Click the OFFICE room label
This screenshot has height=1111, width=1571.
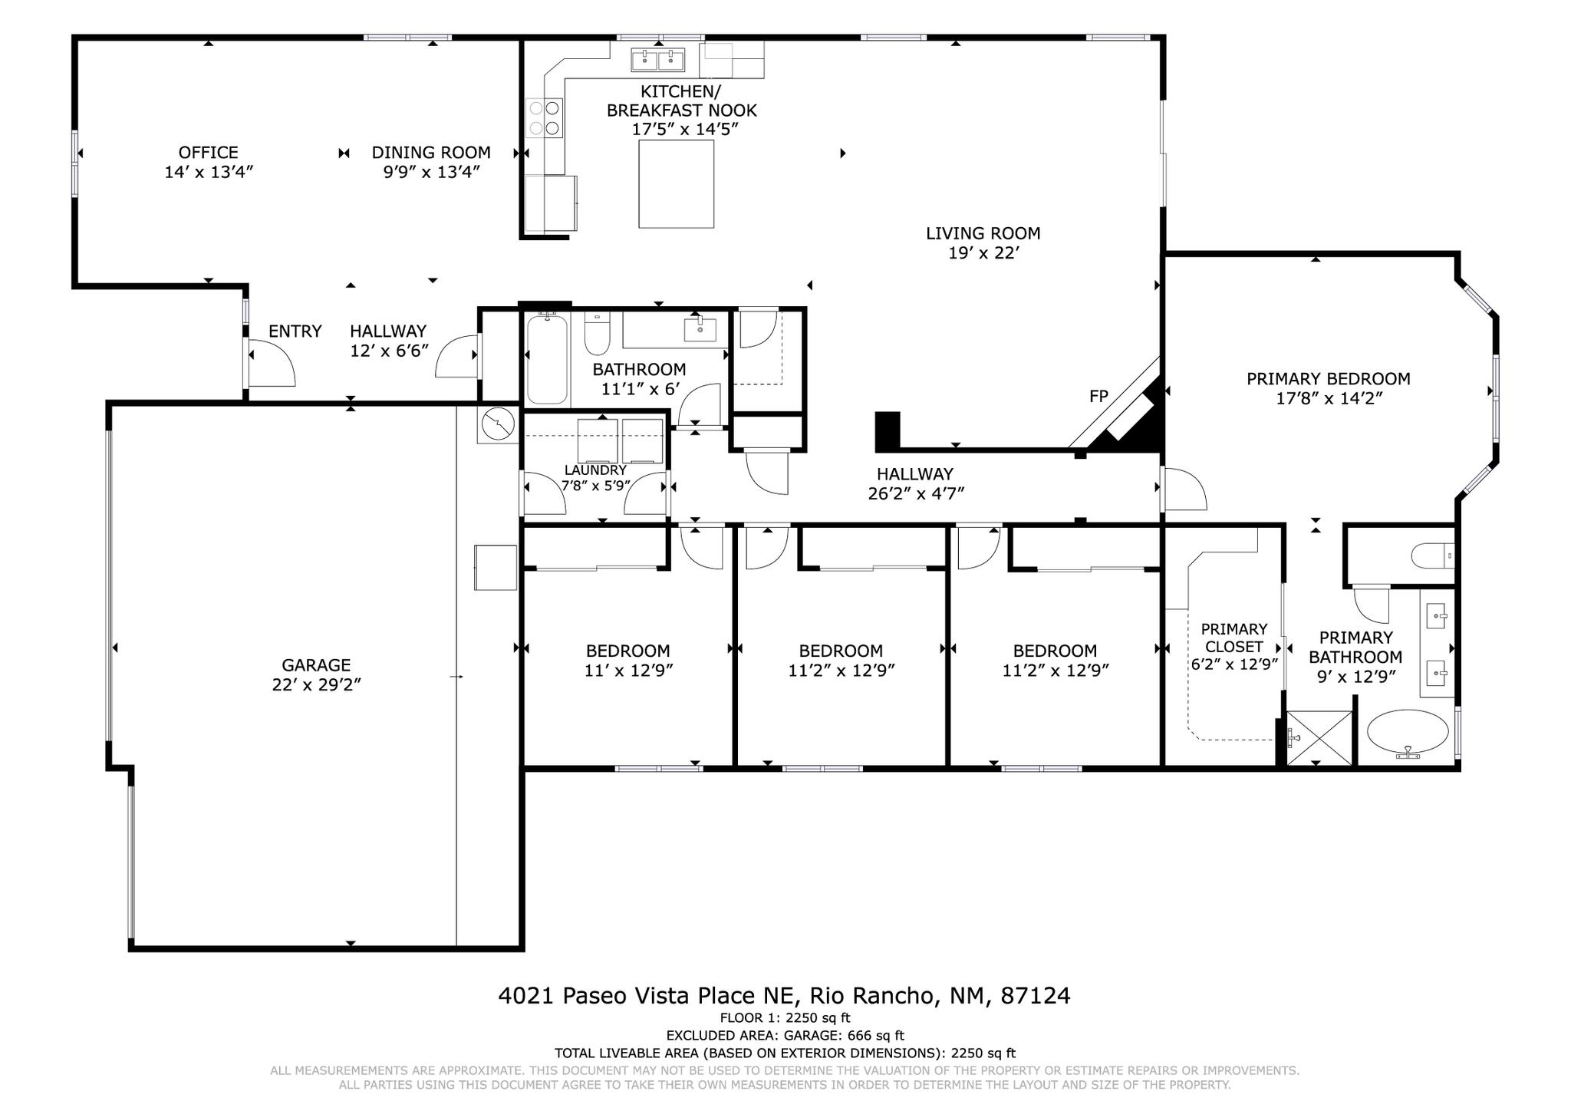click(x=208, y=153)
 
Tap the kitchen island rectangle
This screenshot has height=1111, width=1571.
click(x=676, y=184)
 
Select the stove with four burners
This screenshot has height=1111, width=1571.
click(x=544, y=118)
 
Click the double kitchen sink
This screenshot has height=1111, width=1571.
click(x=657, y=59)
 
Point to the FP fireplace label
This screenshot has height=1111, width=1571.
click(x=1098, y=396)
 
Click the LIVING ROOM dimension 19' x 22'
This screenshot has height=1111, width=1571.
click(x=983, y=253)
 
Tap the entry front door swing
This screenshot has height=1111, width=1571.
click(x=271, y=364)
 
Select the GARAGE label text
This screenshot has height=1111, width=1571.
click(x=316, y=665)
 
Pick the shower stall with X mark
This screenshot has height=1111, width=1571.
click(x=1319, y=738)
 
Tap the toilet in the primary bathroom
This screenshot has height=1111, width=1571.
click(x=1432, y=555)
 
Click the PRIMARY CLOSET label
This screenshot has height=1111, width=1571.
click(x=1233, y=638)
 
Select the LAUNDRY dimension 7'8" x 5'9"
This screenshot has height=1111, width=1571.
click(x=595, y=486)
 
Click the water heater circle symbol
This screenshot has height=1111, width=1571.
click(x=499, y=424)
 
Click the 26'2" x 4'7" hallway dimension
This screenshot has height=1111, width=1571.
click(x=915, y=494)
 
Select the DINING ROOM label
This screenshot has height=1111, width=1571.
click(x=431, y=153)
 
